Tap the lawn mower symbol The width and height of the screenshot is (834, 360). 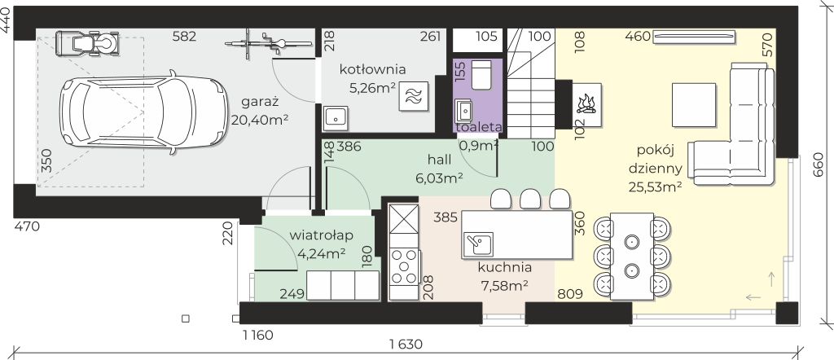[88, 43]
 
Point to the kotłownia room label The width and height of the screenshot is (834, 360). [373, 69]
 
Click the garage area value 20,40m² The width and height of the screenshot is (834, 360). [260, 120]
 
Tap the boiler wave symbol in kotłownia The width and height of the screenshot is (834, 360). [413, 97]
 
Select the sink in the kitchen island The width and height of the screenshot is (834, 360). [478, 244]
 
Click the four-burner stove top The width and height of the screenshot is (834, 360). [404, 266]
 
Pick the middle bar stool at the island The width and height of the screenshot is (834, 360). [530, 199]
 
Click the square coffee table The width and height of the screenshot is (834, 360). [694, 105]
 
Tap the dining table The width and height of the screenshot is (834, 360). [632, 256]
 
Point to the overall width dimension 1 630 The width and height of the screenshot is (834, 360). [406, 345]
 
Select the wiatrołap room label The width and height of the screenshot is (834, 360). [322, 235]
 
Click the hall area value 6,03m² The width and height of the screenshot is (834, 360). [439, 178]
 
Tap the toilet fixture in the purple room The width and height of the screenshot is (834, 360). [482, 75]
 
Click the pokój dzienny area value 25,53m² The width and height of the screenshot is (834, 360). [656, 187]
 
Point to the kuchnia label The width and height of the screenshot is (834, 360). [504, 267]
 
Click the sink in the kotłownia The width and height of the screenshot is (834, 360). [336, 117]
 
